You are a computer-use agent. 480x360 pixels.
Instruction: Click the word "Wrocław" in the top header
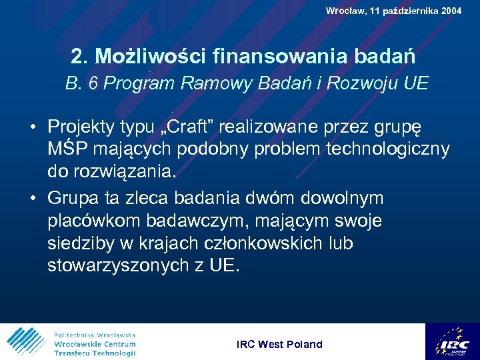tap(345, 11)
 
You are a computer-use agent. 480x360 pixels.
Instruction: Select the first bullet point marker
tap(31, 127)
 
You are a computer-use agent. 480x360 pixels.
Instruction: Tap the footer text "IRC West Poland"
tap(279, 344)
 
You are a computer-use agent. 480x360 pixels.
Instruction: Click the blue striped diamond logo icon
tap(26, 341)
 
